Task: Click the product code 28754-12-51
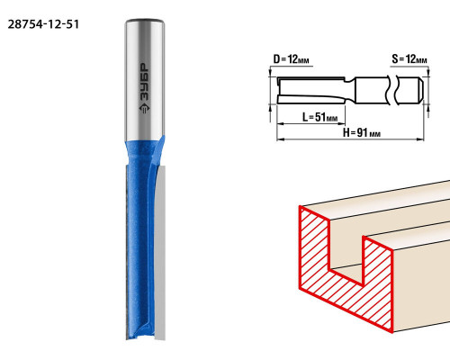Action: (x=43, y=24)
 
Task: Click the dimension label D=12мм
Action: (x=291, y=59)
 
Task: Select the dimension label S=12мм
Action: (x=409, y=58)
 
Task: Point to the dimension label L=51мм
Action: (x=319, y=117)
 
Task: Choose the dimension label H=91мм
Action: (x=362, y=132)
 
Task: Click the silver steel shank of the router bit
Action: (x=145, y=79)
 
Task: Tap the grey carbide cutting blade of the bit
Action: (x=160, y=252)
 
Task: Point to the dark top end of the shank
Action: (x=145, y=21)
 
